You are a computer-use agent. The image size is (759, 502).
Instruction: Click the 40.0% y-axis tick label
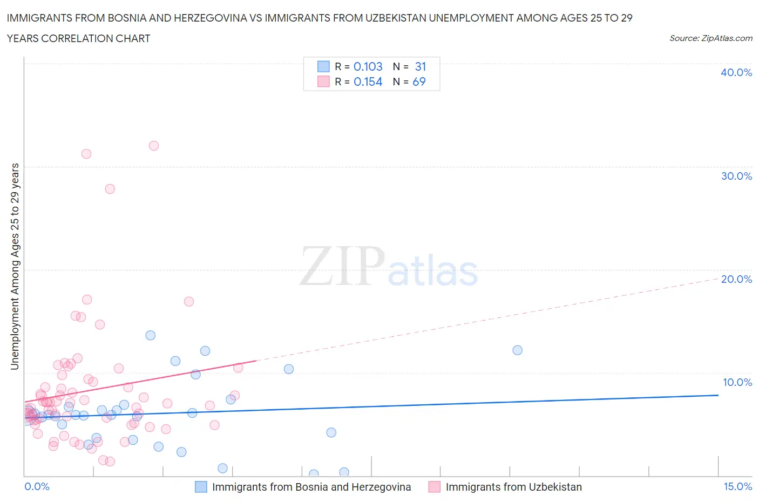coord(736,72)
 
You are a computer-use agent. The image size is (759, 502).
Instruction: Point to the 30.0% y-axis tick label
coord(736,176)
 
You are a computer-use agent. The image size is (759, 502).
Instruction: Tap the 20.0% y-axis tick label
coord(736,279)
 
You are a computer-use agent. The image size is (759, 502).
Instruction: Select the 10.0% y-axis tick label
coord(737,382)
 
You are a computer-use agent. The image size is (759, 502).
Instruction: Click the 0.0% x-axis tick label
coord(37,486)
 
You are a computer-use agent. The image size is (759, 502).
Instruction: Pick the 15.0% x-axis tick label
coord(737,486)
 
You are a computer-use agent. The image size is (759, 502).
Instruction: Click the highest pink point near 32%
coord(154,146)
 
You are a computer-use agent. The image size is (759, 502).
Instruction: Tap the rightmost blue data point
coord(517,350)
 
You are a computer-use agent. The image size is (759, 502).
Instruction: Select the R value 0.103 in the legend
coord(368,66)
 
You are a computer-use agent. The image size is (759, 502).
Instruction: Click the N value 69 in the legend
coord(419,82)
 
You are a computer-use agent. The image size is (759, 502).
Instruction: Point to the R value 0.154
coord(368,82)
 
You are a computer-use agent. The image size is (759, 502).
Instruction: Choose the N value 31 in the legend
coord(421,66)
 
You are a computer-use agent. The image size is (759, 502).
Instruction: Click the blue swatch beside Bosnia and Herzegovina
coord(201,487)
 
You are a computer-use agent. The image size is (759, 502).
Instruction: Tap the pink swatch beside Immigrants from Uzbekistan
coord(435,487)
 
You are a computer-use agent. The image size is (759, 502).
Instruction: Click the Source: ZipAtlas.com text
coord(710,38)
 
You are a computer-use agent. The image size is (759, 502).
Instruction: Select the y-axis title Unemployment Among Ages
coord(15,266)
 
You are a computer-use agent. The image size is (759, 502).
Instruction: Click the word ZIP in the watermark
coord(342,266)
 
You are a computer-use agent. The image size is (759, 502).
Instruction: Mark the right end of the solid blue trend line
coord(718,395)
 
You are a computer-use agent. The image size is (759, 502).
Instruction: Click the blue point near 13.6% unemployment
coord(151,335)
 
